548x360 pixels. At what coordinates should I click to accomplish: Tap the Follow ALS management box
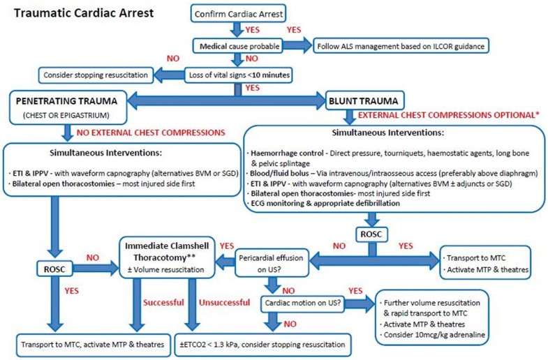click(402, 47)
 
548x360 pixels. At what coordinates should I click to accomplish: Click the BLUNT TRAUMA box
click(362, 100)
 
